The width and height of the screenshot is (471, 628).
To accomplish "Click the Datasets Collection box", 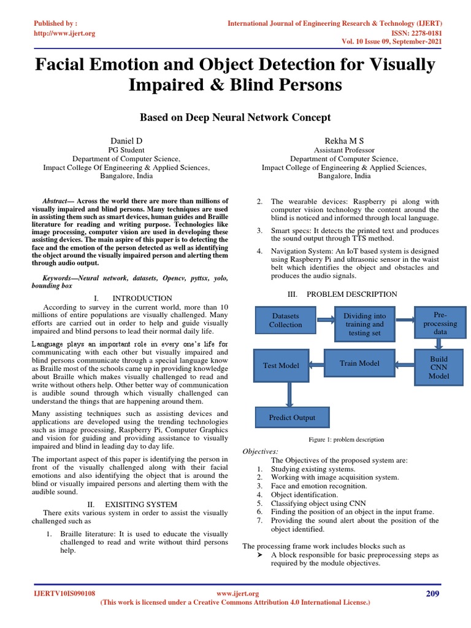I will click(285, 320).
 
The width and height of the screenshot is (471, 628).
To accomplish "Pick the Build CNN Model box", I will click(438, 367).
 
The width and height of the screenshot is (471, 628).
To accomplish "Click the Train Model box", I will click(359, 364).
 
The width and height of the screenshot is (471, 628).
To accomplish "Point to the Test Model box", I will click(281, 366).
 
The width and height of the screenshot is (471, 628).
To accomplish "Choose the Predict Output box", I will click(292, 418).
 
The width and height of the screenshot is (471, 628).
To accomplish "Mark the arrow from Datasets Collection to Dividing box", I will click(325, 319).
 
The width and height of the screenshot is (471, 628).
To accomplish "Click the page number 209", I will click(432, 594).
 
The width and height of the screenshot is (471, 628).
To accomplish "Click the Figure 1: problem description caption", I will click(347, 440).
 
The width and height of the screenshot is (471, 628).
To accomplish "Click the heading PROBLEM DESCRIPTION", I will click(352, 294).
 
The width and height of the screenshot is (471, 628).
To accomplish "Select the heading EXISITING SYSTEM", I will click(137, 504).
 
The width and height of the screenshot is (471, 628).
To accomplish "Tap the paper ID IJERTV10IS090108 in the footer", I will click(64, 594).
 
